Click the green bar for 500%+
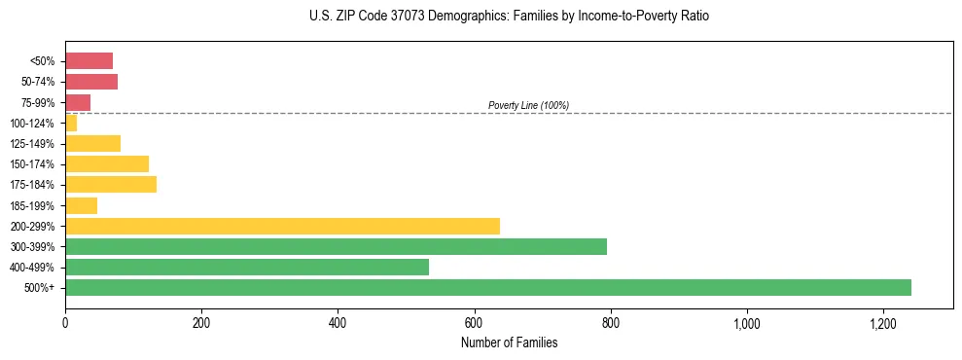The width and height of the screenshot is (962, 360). coord(488,287)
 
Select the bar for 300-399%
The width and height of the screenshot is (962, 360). coord(336,246)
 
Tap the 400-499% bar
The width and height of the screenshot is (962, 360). coord(247,267)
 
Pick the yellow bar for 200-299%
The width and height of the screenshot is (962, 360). coord(282,226)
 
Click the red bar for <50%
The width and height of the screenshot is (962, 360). coord(89,61)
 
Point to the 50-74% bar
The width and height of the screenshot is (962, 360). coord(91,82)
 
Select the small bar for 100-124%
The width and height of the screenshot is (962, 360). coord(71,123)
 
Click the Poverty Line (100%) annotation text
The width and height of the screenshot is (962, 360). coord(528,105)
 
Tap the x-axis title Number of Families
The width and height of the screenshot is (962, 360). coord(509,342)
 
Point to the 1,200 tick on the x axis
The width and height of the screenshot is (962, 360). coord(883,322)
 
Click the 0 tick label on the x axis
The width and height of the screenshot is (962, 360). coord(65,322)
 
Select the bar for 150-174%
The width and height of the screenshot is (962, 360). coord(107,163)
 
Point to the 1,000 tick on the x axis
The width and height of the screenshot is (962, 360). coord(747,322)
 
